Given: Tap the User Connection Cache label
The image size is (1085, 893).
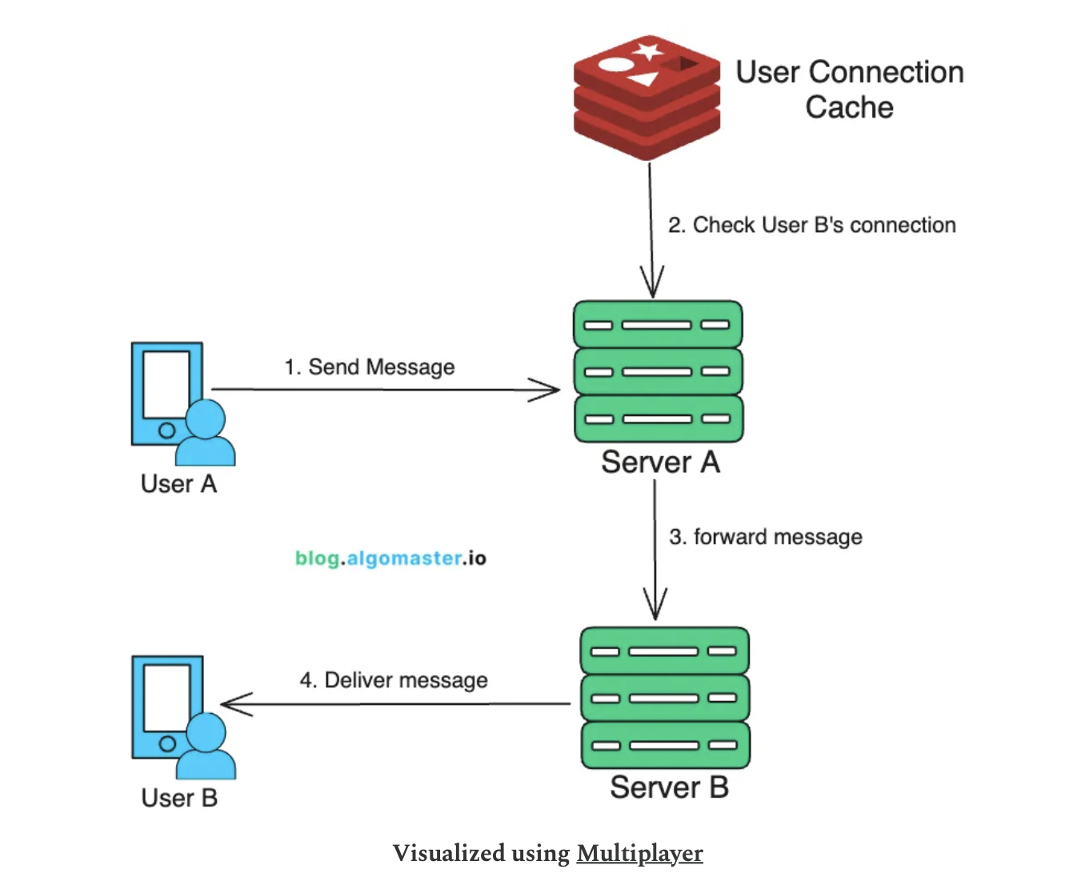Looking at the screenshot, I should coord(849,89).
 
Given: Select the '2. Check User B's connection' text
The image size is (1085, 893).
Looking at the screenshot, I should coord(811,226).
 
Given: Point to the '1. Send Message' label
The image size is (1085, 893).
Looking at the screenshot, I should coord(370,367).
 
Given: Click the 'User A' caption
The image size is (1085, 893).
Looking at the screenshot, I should coord(178,484).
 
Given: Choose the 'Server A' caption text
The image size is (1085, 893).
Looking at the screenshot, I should coord(660,463).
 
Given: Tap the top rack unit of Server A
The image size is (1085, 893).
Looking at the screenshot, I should coord(658,325).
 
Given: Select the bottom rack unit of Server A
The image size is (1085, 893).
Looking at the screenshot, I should coord(658,418).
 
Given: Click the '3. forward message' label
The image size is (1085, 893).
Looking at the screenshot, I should coord(765,537).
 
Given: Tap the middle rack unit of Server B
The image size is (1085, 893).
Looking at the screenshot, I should coord(665,698).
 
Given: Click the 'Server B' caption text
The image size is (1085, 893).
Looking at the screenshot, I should coord(669,787).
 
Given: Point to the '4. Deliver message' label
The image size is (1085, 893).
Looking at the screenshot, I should coord(394,680).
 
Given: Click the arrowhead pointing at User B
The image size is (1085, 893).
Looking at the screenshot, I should coord(234,704).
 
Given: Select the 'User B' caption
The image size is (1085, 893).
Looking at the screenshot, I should coord(179,798).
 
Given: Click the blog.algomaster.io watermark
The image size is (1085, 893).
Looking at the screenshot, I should coord(390,558).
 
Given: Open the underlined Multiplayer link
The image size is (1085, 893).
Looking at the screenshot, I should coord(639,853).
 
